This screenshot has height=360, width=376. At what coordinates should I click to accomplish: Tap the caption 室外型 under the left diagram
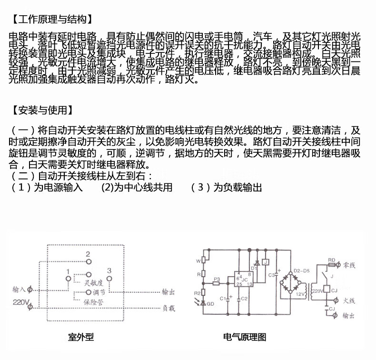click(80, 337)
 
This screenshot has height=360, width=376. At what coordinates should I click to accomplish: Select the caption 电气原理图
click(245, 337)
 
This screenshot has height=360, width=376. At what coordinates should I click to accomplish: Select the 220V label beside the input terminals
click(21, 302)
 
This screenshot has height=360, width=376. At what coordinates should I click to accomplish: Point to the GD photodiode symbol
click(203, 302)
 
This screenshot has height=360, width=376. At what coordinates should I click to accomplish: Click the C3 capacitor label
click(272, 275)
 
